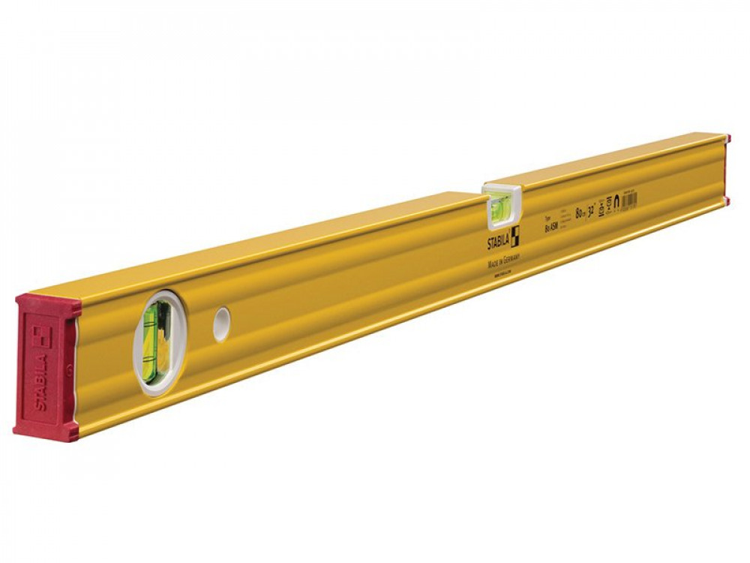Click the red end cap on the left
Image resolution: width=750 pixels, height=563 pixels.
(46, 368)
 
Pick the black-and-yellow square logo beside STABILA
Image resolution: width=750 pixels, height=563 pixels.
(514, 225)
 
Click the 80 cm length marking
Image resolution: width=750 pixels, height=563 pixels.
(579, 214)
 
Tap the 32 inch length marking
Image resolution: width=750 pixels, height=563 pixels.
(592, 209)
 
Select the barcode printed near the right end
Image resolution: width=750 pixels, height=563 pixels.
(629, 199)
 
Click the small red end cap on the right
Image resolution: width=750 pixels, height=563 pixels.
(726, 170)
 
